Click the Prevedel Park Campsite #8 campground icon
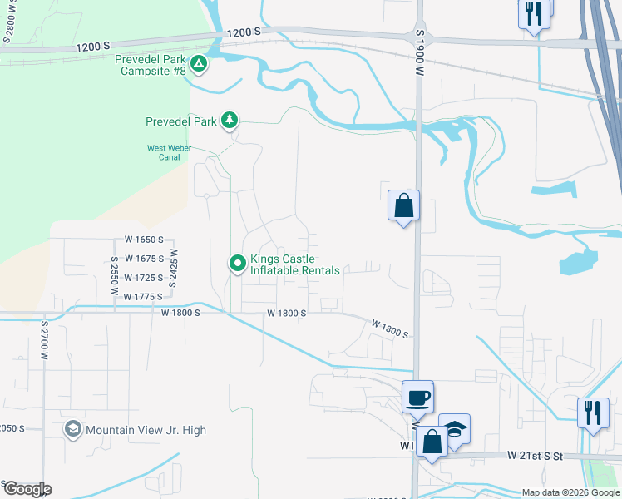198,63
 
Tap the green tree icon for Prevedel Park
229,121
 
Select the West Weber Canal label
169,152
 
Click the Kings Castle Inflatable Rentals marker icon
237,264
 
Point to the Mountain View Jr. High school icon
72,430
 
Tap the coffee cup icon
417,396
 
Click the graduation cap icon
455,428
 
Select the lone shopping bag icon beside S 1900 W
403,205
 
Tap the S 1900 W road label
421,52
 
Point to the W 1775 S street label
141,297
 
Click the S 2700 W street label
42,340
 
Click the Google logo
27,488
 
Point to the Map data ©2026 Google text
570,492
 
